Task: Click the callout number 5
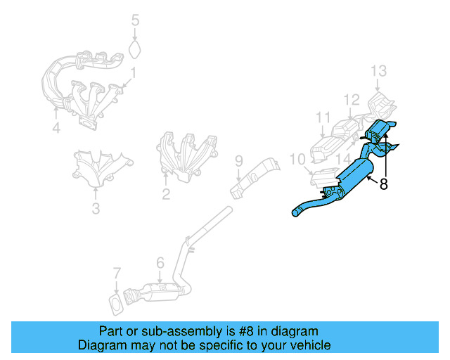tap(136, 20)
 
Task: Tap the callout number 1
tap(132, 72)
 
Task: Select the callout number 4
tap(56, 128)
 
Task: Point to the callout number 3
tap(96, 208)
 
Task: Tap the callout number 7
tap(117, 273)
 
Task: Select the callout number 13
tap(379, 71)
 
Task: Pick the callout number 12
tap(352, 100)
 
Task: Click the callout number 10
tap(296, 160)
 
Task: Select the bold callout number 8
tap(383, 185)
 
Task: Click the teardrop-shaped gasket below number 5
tap(136, 49)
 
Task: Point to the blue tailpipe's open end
tap(294, 212)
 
